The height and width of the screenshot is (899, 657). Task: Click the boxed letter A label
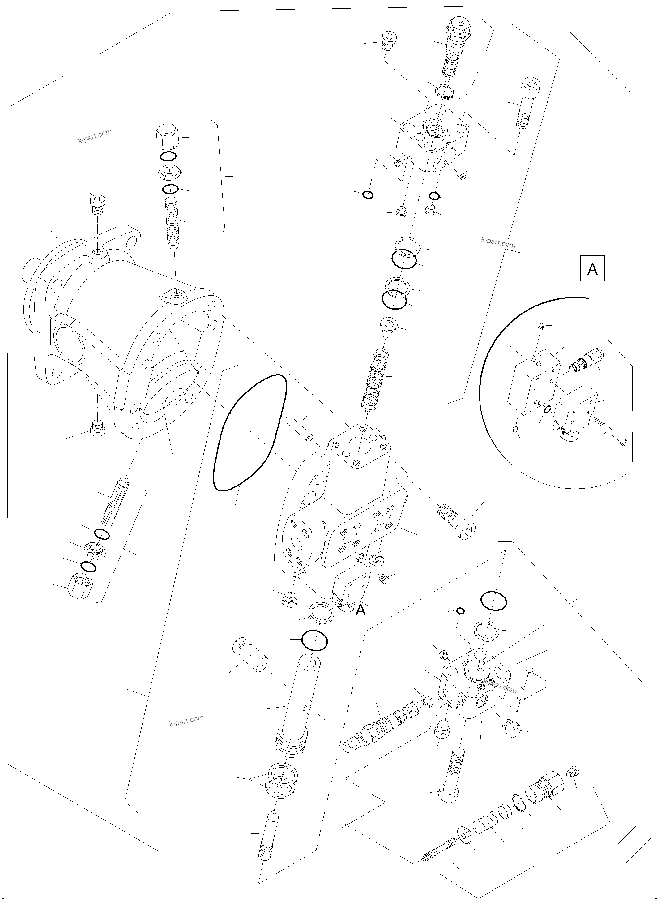(592, 269)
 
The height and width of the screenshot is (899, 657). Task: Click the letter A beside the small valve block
(360, 622)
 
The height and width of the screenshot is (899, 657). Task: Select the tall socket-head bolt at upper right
(526, 103)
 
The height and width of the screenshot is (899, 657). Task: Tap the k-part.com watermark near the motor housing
(95, 136)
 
